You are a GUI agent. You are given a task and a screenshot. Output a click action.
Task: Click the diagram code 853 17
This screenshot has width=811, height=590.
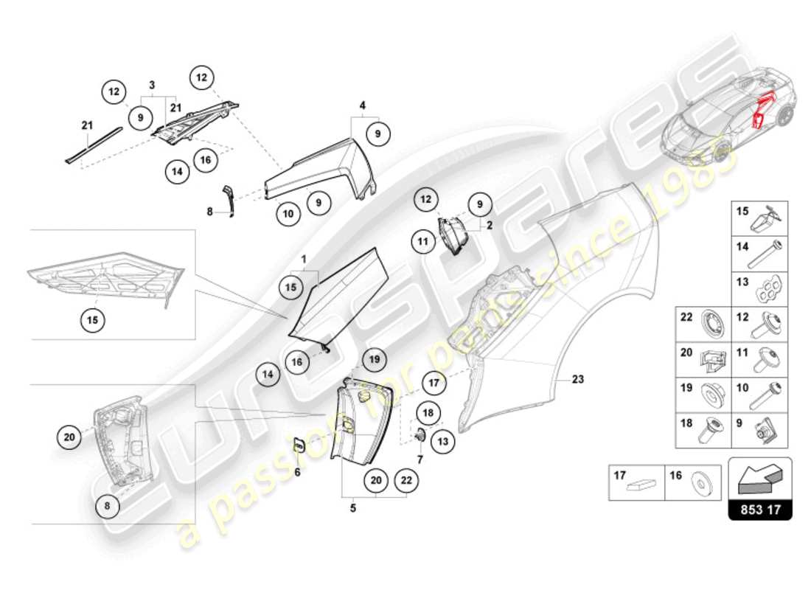point(760,509)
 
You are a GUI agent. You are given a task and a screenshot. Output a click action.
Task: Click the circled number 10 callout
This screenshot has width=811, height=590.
point(289,214)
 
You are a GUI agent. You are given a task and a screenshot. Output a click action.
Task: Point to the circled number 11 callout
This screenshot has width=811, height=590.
point(423,240)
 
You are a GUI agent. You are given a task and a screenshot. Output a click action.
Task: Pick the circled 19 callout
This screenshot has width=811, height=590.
point(374,359)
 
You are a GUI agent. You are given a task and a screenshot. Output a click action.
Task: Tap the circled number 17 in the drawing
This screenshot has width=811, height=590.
point(434,383)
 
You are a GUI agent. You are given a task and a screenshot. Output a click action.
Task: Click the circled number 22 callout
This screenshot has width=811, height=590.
point(406,480)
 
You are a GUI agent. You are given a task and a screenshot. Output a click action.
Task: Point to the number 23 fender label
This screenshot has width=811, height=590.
point(577,380)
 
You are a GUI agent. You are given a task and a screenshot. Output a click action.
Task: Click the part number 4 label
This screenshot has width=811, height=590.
point(363,105)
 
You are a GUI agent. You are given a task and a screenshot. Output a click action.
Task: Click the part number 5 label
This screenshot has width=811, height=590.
point(352,507)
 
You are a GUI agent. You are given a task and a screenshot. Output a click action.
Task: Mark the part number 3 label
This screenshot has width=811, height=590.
point(153,86)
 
